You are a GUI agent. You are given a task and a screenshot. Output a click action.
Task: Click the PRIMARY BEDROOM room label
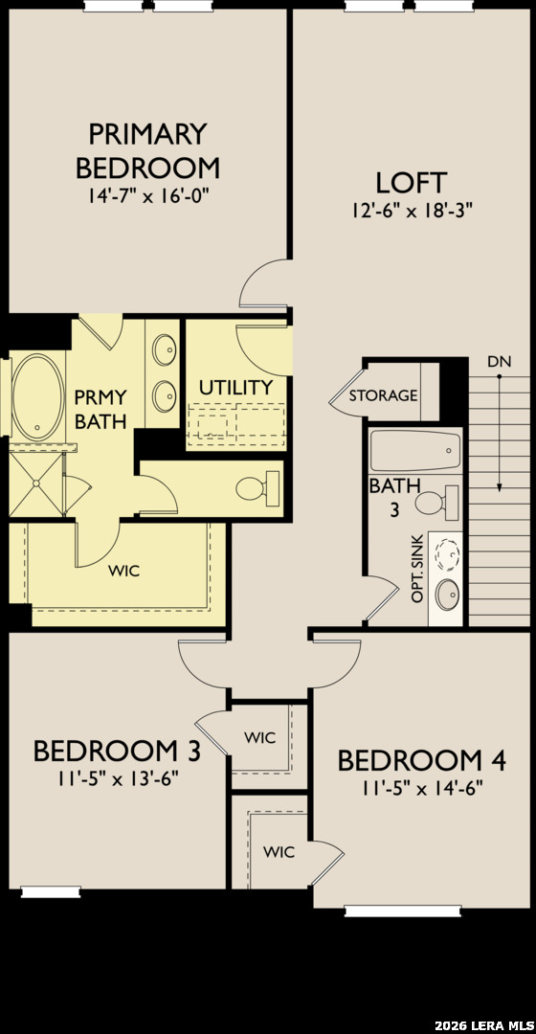(147, 150)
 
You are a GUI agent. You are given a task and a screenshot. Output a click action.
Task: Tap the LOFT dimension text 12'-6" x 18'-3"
(413, 210)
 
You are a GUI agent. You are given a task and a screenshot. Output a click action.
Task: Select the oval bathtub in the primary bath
(39, 397)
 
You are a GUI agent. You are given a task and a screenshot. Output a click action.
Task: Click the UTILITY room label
(236, 387)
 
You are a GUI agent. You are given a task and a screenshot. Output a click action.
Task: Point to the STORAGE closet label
(383, 395)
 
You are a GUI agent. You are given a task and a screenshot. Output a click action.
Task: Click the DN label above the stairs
(499, 361)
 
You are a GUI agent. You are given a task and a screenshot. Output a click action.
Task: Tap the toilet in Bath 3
(437, 502)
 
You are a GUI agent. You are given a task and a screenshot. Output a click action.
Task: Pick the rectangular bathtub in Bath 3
(414, 450)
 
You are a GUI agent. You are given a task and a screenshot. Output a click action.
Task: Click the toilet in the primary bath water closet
(258, 488)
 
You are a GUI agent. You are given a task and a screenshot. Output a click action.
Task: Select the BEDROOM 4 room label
(422, 760)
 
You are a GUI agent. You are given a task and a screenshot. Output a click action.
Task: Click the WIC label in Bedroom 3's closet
(259, 737)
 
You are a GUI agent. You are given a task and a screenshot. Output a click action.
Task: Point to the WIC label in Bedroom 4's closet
(279, 851)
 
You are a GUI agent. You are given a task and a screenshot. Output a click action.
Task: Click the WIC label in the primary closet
(123, 571)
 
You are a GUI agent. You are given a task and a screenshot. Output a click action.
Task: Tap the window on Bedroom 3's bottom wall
(51, 892)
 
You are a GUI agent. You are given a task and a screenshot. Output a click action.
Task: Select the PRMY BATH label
(100, 410)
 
